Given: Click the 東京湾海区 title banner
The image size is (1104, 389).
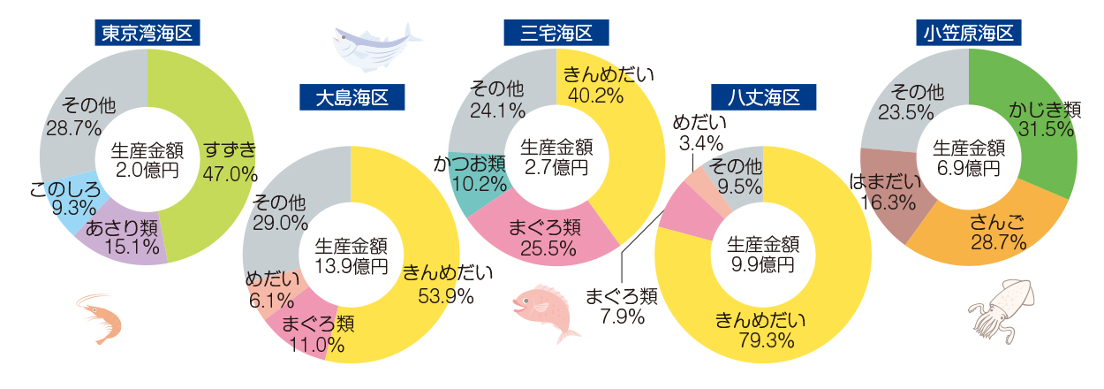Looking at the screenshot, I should point(147,34).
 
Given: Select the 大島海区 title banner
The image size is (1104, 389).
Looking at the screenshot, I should point(352,96).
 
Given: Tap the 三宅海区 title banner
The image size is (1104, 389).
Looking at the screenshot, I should point(556,34).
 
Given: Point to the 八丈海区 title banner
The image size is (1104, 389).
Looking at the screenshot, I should point(763,96).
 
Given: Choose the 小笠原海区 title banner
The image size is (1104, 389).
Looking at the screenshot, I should point(969,34).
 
